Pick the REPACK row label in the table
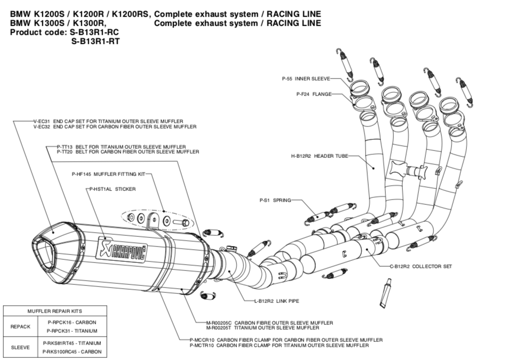20,326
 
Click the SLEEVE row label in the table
20,347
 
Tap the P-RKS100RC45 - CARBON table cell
71,351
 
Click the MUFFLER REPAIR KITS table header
55,311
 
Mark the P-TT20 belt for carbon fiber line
128,152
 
